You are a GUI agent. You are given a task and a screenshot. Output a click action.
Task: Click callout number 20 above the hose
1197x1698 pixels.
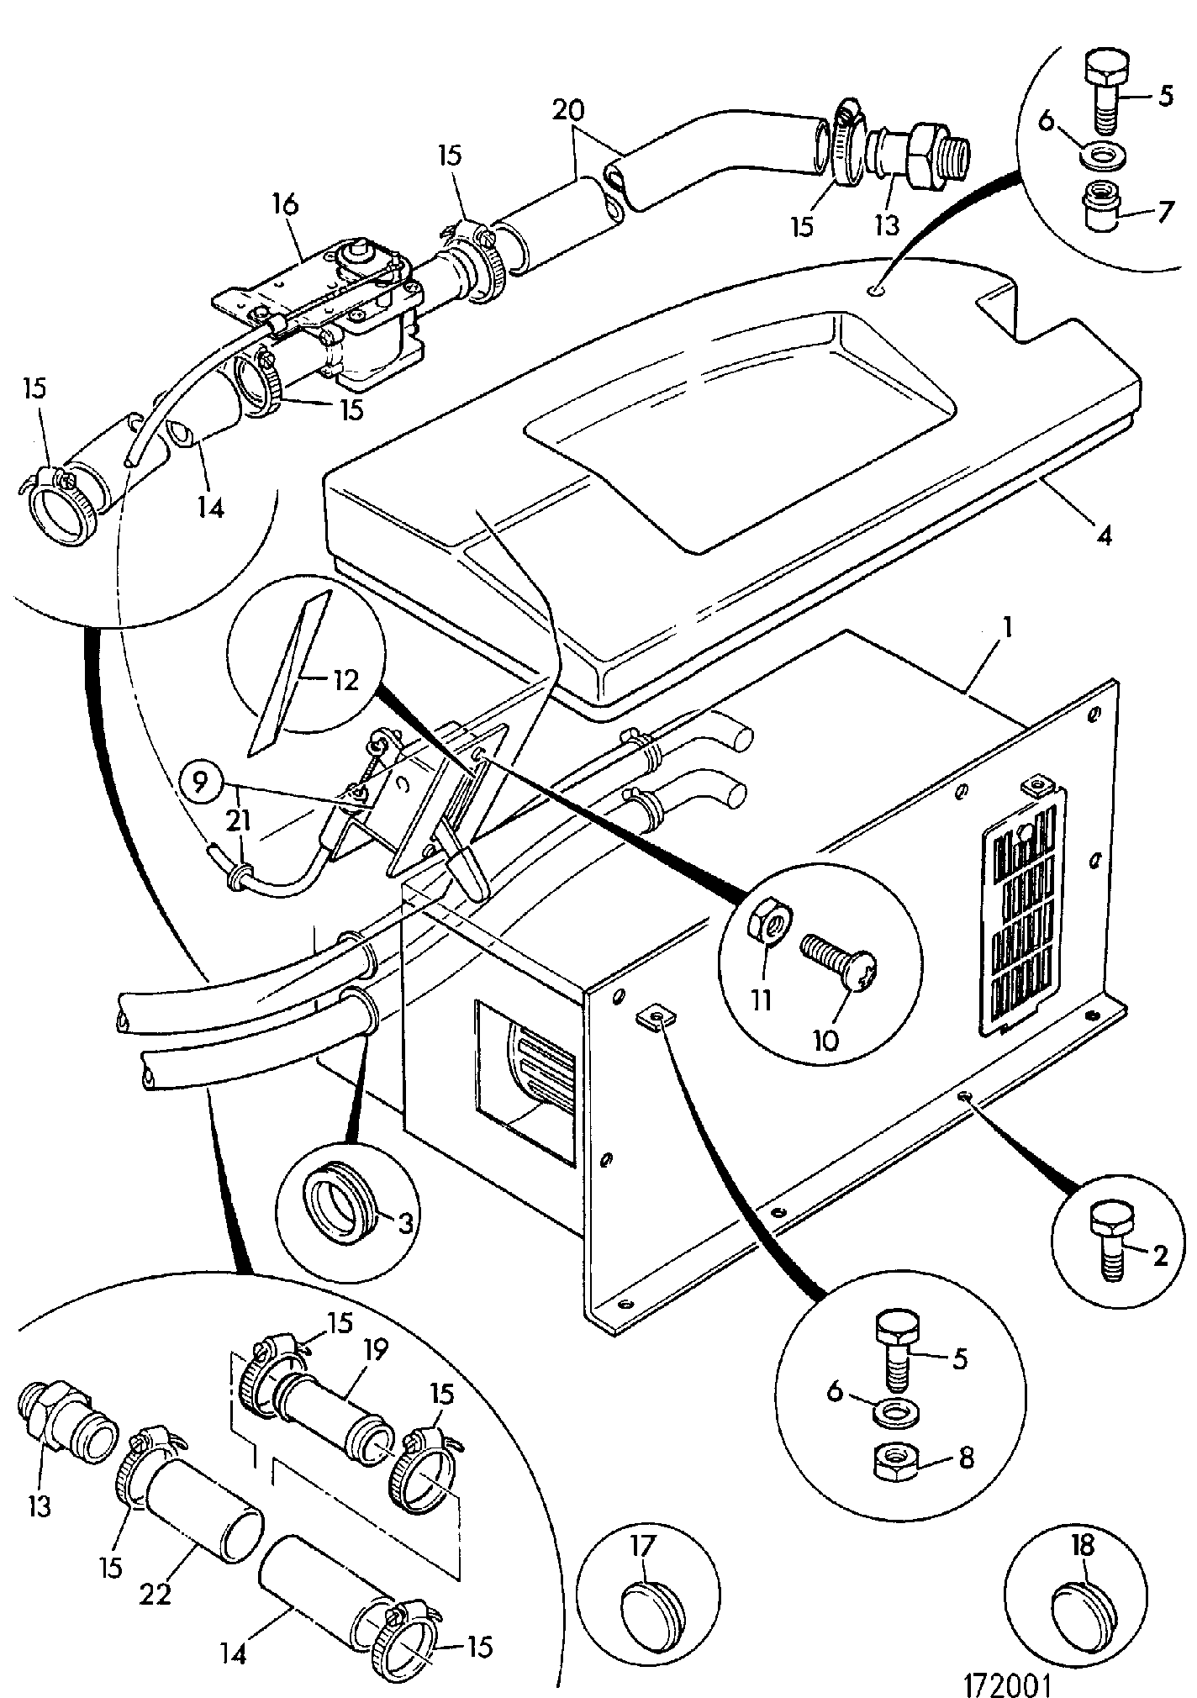tap(570, 110)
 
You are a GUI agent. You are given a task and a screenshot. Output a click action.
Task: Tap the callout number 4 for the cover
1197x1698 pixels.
tap(1105, 535)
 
